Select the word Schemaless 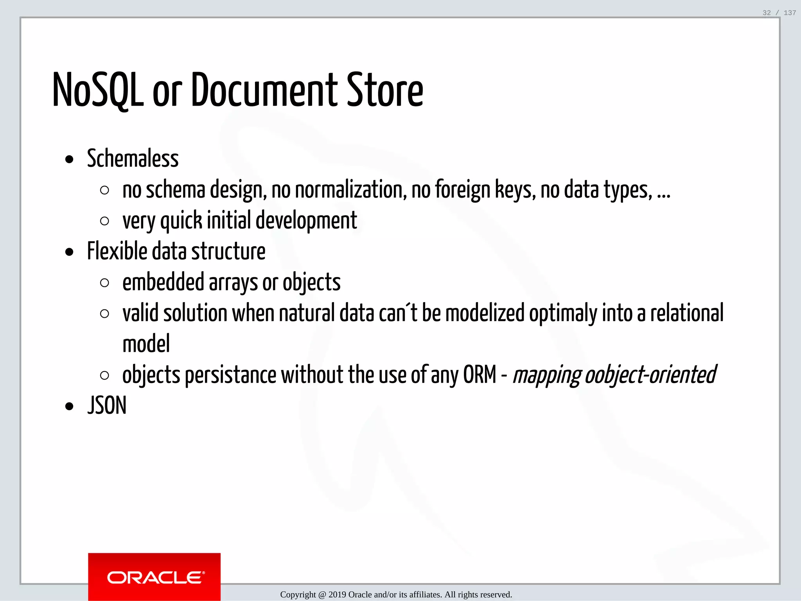point(133,158)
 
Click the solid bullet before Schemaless point(70,160)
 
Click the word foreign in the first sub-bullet point(463,190)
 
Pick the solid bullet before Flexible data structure point(70,252)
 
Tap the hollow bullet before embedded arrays point(104,283)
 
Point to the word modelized point(485,313)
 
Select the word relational point(687,313)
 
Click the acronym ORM point(480,374)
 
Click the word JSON point(107,405)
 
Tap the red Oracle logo point(154,577)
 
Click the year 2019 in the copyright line point(337,595)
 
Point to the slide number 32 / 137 point(779,13)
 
